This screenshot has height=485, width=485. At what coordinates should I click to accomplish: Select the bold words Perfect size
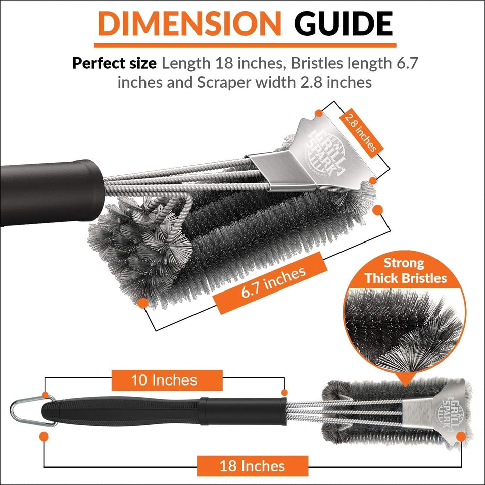(114, 63)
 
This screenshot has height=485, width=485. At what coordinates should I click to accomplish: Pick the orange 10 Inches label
(167, 380)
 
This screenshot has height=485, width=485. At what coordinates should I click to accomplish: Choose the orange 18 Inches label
(252, 465)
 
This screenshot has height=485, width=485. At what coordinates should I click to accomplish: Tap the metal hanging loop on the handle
(25, 406)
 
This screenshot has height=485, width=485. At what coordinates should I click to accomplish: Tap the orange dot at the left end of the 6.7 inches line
(143, 303)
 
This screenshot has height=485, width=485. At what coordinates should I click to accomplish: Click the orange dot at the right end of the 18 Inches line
(459, 435)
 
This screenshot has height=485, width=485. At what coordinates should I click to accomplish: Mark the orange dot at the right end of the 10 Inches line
(284, 392)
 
